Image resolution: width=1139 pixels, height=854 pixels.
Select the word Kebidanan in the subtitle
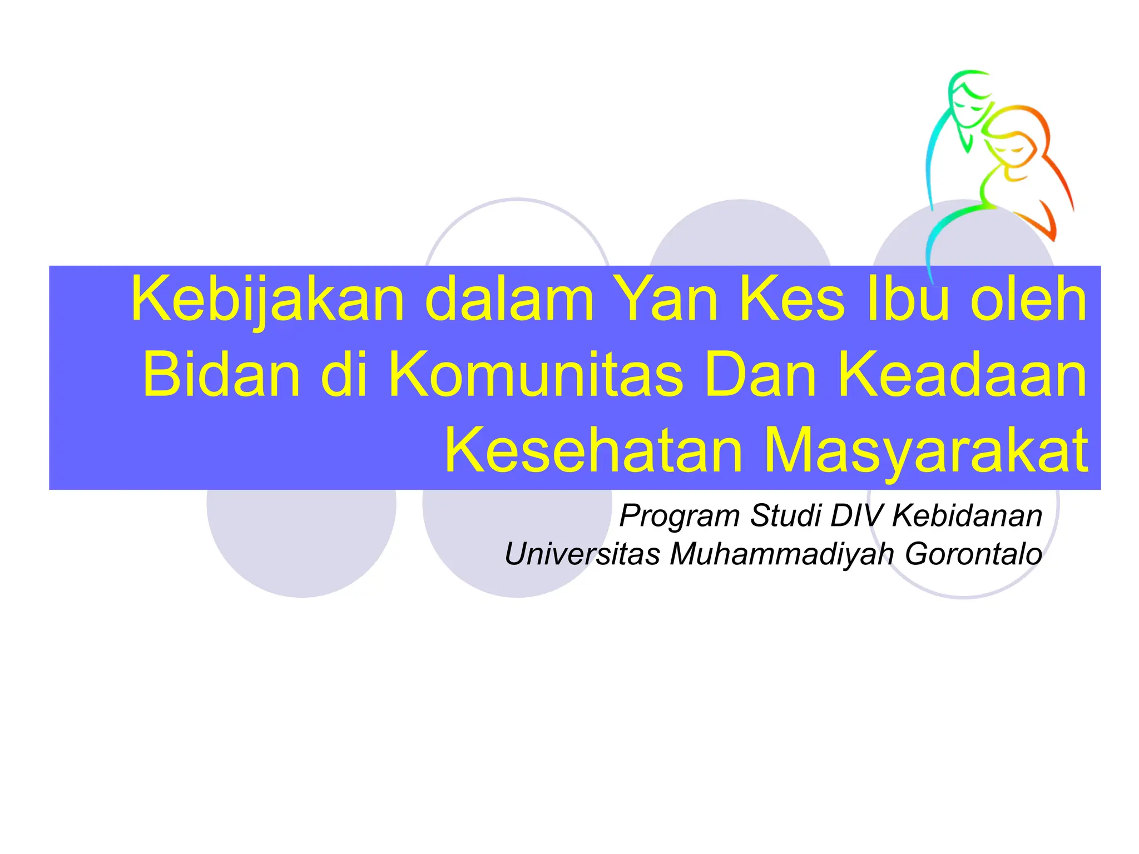[967, 515]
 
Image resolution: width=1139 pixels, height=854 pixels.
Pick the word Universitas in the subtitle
[582, 554]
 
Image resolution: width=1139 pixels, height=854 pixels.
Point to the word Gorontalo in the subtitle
[973, 554]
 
